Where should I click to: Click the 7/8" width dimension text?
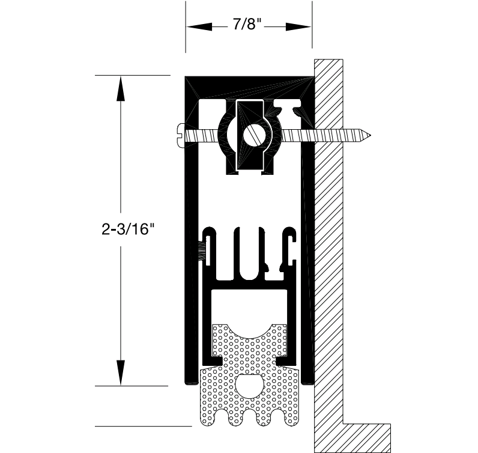click(x=248, y=26)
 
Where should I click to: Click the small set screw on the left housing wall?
click(x=201, y=249)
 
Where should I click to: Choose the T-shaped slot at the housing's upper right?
click(x=294, y=109)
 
